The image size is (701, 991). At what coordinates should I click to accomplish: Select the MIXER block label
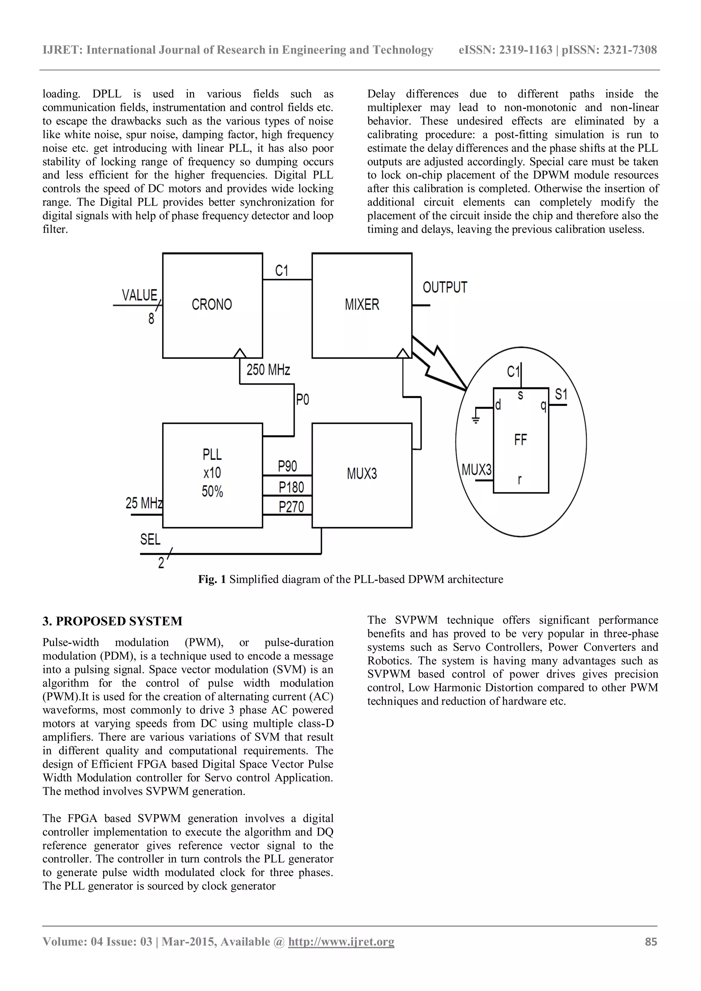click(361, 305)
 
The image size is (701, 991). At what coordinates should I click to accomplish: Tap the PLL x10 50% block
click(212, 473)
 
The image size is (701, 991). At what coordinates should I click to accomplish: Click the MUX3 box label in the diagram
click(361, 474)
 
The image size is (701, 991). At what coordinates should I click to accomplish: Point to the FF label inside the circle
click(521, 440)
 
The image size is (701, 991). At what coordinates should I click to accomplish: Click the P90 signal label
click(287, 467)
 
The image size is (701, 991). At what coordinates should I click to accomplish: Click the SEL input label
click(150, 539)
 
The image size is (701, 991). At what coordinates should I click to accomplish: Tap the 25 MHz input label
click(144, 503)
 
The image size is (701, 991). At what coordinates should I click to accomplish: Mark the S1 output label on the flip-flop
click(561, 394)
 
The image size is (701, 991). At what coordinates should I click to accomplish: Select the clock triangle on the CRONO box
click(240, 353)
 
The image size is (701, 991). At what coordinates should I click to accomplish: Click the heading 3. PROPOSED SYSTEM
click(112, 621)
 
